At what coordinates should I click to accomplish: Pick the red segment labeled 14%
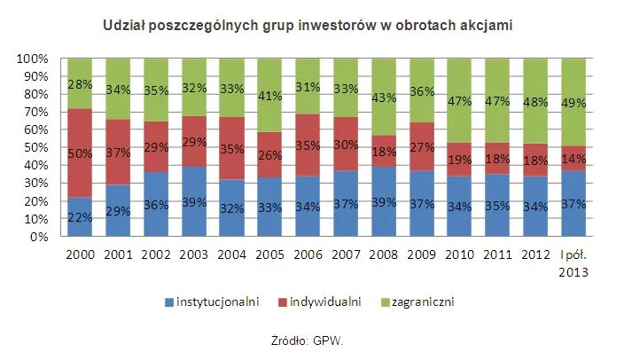point(573,158)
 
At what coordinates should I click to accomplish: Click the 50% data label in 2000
point(81,154)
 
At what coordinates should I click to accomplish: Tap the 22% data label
point(81,218)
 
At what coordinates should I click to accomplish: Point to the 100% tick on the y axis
point(33,59)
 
